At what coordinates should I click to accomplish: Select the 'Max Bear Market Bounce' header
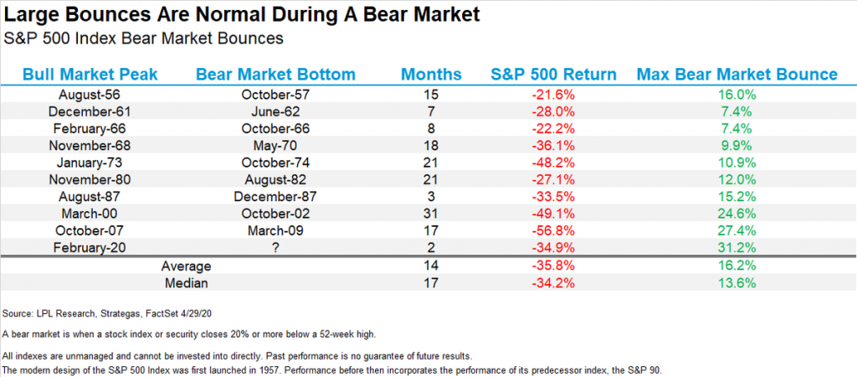[736, 75]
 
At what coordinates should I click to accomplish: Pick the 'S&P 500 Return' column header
[553, 75]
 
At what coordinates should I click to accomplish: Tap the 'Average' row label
[186, 266]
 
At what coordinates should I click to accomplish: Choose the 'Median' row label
[186, 283]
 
